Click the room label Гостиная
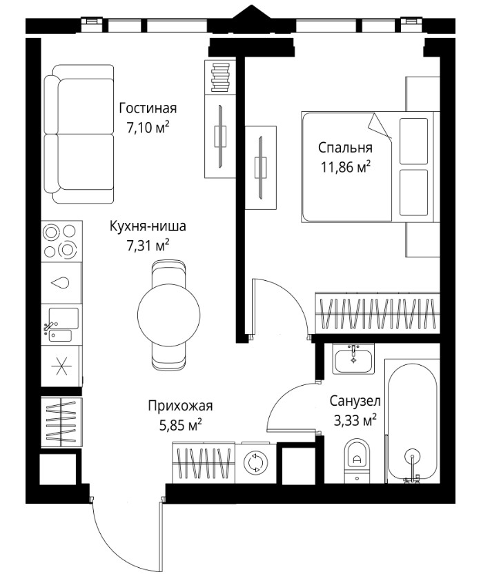pyautogui.click(x=148, y=108)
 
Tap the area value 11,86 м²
pyautogui.click(x=346, y=168)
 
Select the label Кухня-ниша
pyautogui.click(x=148, y=226)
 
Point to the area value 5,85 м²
pyautogui.click(x=181, y=425)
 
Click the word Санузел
pyautogui.click(x=355, y=401)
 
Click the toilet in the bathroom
pyautogui.click(x=357, y=460)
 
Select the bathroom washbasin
pyautogui.click(x=353, y=359)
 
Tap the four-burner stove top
pyautogui.click(x=61, y=242)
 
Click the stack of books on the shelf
pyautogui.click(x=222, y=77)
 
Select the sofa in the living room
pyautogui.click(x=79, y=134)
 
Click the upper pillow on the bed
pyautogui.click(x=413, y=141)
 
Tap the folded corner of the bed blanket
pyautogui.click(x=380, y=126)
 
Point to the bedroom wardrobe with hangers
pyautogui.click(x=377, y=313)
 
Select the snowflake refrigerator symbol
pyautogui.click(x=61, y=366)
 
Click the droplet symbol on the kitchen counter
pyautogui.click(x=61, y=283)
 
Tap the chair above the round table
pyautogui.click(x=168, y=274)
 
